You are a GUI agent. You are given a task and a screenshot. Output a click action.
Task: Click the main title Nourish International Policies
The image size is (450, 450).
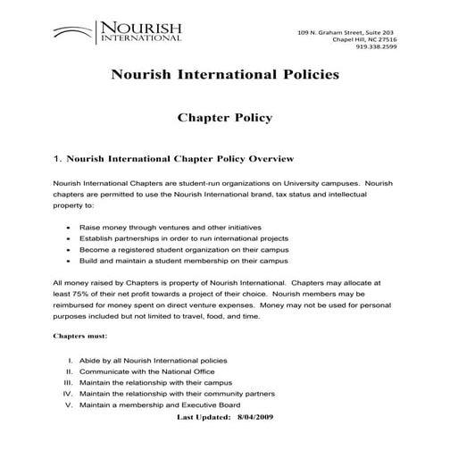224,74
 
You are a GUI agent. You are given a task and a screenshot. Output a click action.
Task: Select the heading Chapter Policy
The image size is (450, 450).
224,118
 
